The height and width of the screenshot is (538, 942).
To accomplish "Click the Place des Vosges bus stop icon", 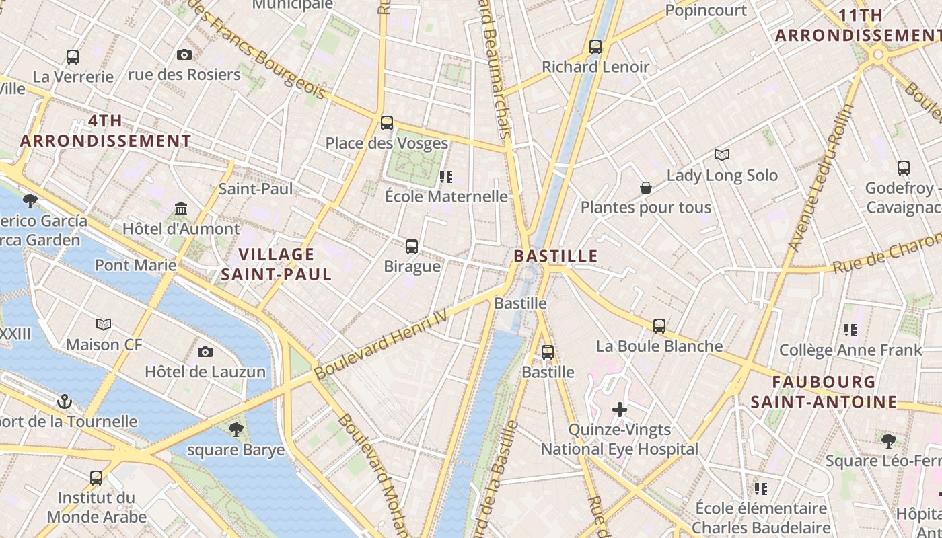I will click(x=387, y=123).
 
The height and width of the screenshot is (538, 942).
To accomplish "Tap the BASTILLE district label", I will click(x=556, y=256).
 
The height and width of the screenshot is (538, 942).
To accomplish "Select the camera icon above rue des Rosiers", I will click(x=184, y=55).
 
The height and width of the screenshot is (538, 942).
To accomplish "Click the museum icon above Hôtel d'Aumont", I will click(x=181, y=209).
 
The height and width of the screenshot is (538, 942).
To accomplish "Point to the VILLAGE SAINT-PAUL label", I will click(x=277, y=264).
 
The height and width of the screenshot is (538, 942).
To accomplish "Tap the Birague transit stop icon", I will click(x=412, y=247).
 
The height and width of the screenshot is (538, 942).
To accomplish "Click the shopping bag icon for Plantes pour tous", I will click(x=645, y=188).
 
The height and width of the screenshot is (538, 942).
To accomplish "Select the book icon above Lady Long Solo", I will click(x=722, y=155).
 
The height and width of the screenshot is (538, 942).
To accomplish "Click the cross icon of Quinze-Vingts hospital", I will click(x=620, y=410).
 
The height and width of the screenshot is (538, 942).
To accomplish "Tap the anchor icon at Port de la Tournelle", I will click(x=65, y=402).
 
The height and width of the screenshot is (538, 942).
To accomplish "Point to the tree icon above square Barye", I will click(x=235, y=429).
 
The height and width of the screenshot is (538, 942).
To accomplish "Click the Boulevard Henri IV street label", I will click(x=381, y=344).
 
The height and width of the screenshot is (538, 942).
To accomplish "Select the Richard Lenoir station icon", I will click(x=595, y=47).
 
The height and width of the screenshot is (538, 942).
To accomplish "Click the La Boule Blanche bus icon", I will click(x=659, y=326).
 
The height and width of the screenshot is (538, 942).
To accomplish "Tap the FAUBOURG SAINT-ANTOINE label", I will click(x=824, y=392).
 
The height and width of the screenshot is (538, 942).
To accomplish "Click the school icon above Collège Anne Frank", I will click(x=850, y=330).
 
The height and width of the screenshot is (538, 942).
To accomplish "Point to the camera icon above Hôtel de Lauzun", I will click(x=205, y=352).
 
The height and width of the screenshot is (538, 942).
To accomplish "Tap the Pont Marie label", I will click(x=135, y=265).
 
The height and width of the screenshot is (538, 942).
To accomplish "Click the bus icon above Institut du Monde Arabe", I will click(x=96, y=478).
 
